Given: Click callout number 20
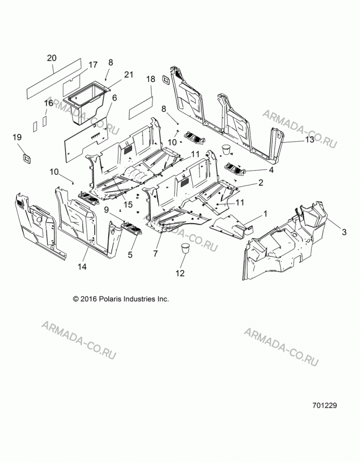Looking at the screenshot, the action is tap(52, 58).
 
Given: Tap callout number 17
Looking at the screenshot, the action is tap(93, 65).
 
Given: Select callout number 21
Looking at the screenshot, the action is tap(128, 74).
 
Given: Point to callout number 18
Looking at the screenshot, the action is tap(151, 79).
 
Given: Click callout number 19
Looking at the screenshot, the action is tap(17, 137).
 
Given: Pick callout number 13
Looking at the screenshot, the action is tap(310, 140).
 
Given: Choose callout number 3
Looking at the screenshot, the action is tap(344, 232).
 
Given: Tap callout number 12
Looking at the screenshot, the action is tap(180, 274).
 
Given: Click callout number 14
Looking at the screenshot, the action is tap(82, 267).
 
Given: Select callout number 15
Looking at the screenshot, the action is tap(128, 204).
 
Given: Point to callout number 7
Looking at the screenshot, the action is tap(155, 253).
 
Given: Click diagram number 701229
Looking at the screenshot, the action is tap(324, 406).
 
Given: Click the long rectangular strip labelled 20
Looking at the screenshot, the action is tap(54, 79).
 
